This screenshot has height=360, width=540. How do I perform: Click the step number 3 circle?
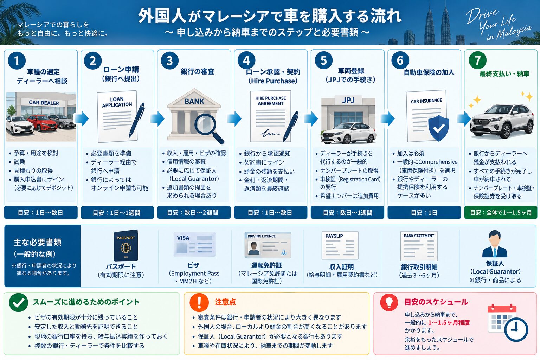point(169,60)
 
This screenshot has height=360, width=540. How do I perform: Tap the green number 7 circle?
point(477,60)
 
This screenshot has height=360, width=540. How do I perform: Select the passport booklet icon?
point(126,245)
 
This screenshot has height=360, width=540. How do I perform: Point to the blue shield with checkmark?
point(439,128)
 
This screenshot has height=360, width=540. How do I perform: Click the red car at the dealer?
point(43,123)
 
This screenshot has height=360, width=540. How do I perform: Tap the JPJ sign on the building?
point(348,100)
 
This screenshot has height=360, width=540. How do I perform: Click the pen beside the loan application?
point(137,120)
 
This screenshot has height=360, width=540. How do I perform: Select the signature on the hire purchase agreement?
point(270,133)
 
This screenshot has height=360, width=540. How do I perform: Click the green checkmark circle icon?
point(18,303)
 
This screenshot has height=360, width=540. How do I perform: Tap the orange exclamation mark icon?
point(199,303)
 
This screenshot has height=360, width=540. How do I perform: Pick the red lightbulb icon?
point(389,302)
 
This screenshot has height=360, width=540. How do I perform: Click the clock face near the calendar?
point(516,330)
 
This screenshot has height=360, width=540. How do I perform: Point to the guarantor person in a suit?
point(495,244)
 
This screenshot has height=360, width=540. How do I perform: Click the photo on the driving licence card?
point(253,249)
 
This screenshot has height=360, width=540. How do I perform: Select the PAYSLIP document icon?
point(340,245)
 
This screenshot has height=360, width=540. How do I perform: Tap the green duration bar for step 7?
point(501,212)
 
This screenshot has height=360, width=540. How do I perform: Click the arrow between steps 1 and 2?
point(81,118)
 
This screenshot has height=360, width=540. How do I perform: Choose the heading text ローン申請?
point(121,70)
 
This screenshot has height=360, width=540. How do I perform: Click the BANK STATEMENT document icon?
point(419,246)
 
